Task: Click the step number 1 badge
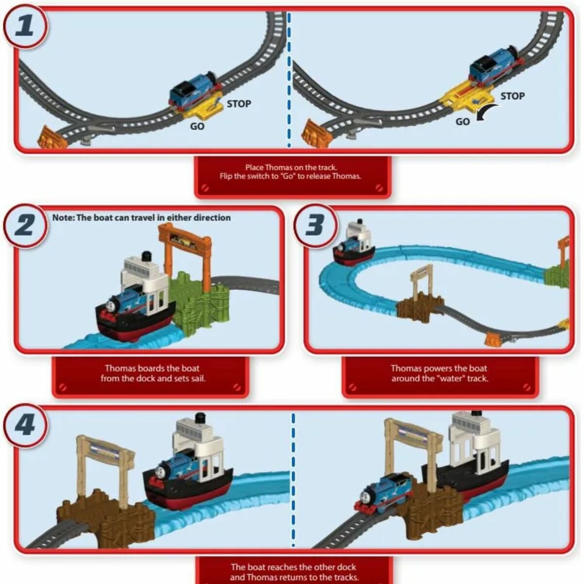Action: coord(26,25)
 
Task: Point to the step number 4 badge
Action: coord(26,425)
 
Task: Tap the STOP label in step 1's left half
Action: coord(238,104)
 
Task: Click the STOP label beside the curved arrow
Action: coord(512,96)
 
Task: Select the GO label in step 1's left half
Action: coord(197,127)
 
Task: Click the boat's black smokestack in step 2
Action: coord(145,257)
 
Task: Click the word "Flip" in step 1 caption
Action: coord(228,176)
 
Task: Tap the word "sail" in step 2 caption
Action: coord(197,378)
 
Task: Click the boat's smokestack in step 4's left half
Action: coord(200,419)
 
